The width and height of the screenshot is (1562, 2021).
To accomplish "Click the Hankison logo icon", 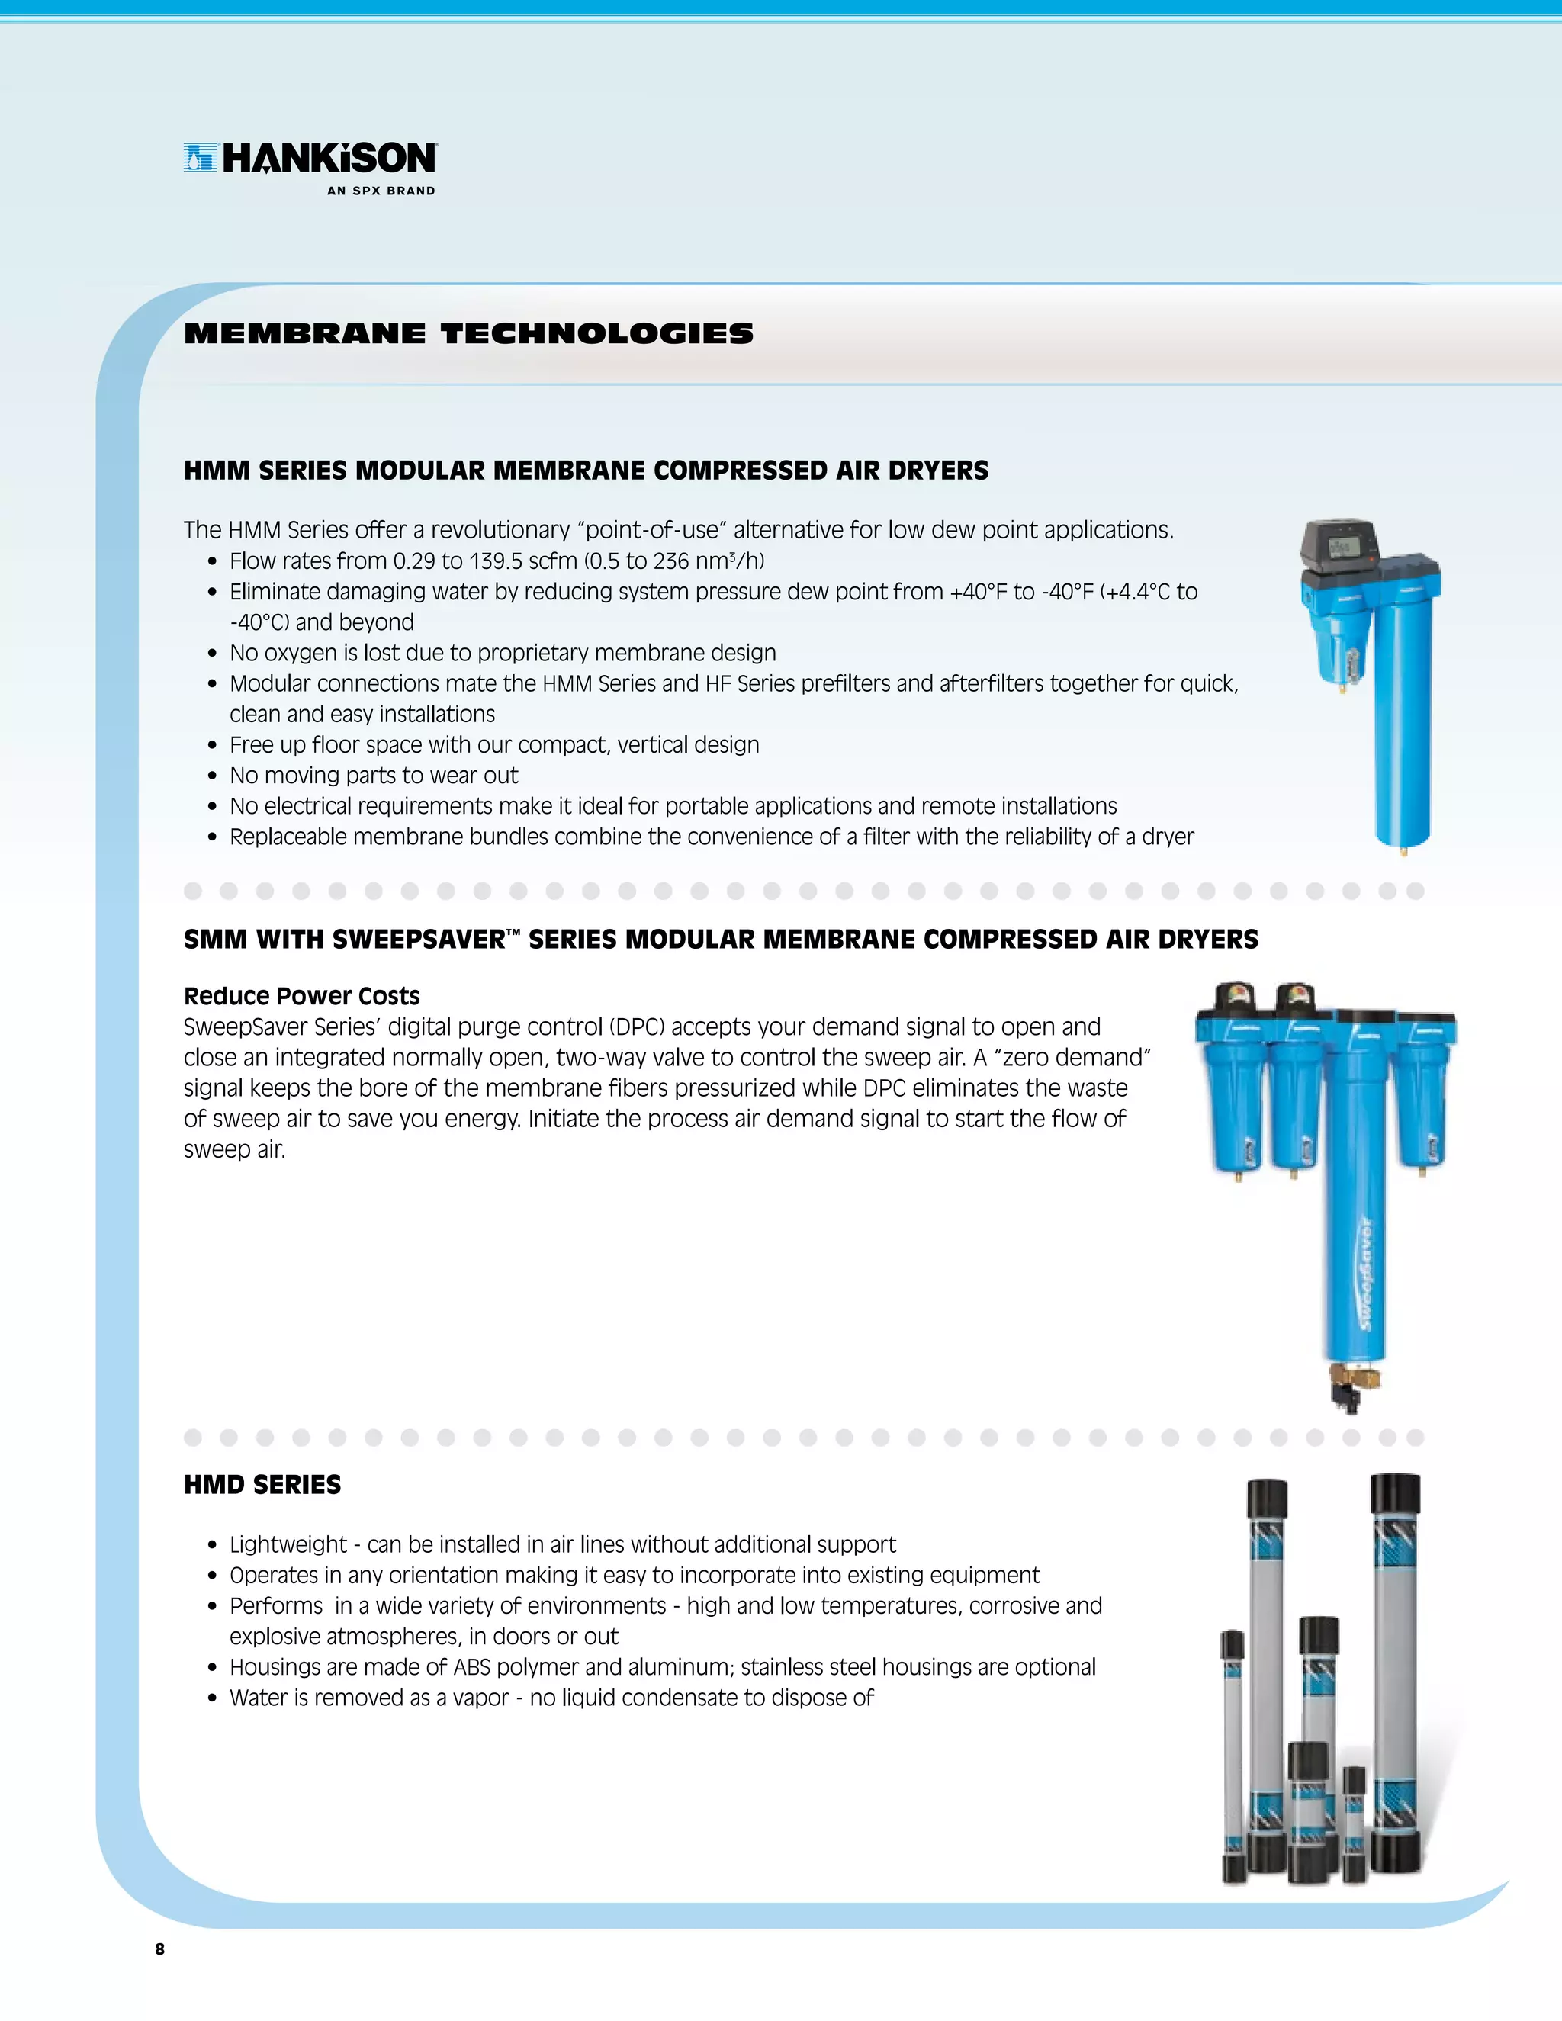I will [200, 158].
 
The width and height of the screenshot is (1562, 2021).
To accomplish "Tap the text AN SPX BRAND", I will [381, 191].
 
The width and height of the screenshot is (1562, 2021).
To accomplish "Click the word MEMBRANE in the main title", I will [305, 333].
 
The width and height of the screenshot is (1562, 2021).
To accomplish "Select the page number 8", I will [160, 1949].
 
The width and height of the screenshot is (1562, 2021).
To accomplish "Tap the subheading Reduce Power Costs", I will [302, 996].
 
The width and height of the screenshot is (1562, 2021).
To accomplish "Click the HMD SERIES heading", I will [262, 1485].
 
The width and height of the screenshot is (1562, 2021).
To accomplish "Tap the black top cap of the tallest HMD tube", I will [1394, 1492].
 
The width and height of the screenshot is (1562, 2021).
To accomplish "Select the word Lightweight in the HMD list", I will [288, 1544].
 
